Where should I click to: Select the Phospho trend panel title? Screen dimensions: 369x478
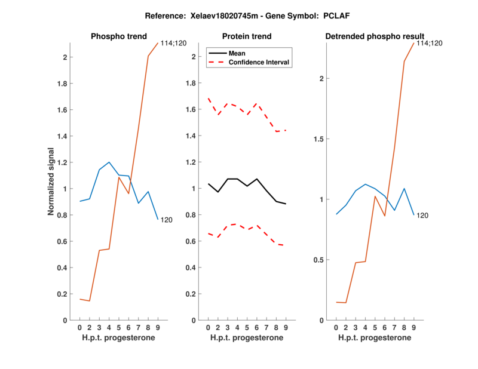[118, 36]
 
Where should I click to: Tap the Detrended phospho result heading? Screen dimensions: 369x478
[375, 36]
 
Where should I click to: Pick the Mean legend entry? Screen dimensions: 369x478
[237, 53]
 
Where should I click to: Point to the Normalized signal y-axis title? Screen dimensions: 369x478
[52, 182]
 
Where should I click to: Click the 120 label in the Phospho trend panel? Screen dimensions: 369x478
[167, 220]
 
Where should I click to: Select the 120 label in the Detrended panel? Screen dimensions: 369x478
[422, 216]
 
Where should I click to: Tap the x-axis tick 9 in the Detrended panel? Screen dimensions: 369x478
[413, 327]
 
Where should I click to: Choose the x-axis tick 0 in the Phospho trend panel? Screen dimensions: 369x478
[80, 327]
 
